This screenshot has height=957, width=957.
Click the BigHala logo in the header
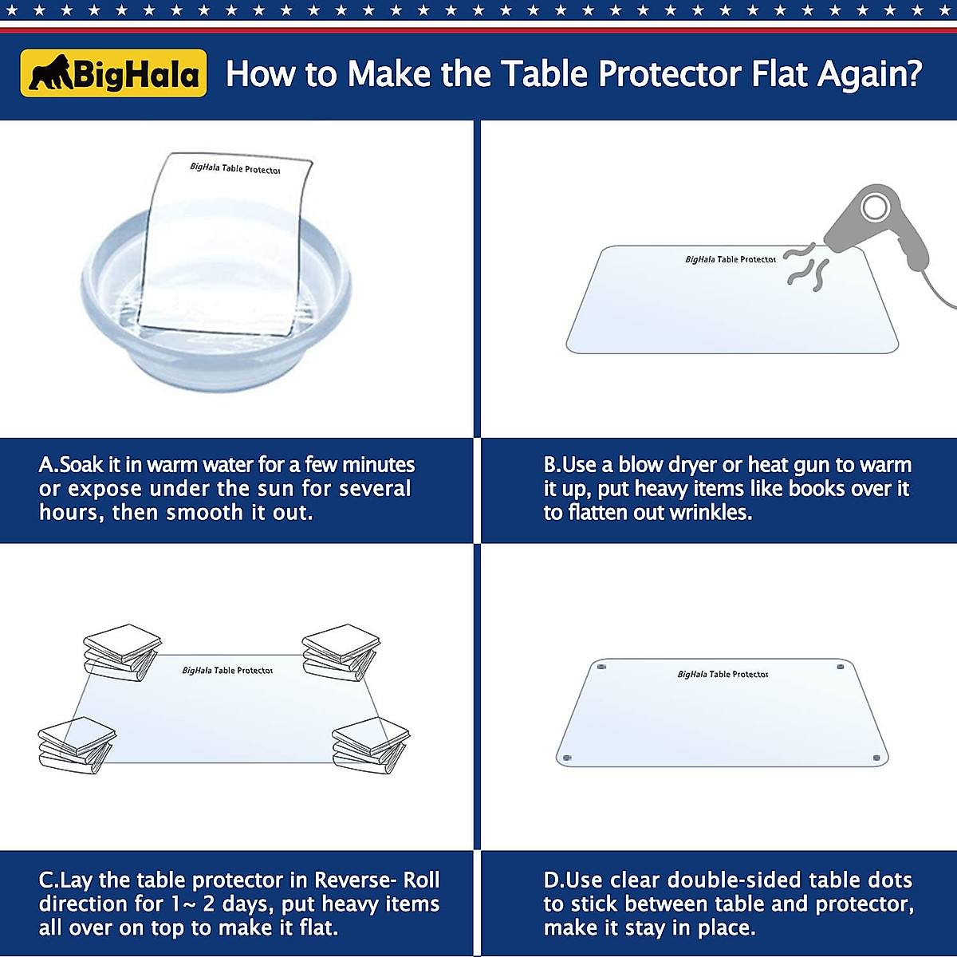[x=114, y=73]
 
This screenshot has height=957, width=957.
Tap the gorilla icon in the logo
[x=50, y=73]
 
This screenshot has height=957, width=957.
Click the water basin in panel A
[x=215, y=319]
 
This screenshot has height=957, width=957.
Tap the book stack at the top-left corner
[x=121, y=652]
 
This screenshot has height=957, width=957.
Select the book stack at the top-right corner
[x=341, y=652]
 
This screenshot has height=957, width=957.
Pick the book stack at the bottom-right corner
[x=370, y=745]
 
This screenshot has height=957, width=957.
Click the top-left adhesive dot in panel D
[x=601, y=666]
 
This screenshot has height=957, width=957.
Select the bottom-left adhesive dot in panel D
[x=567, y=758]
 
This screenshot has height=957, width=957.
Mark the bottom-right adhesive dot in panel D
[x=876, y=758]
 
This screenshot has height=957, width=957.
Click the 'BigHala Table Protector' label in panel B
[x=730, y=259]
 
